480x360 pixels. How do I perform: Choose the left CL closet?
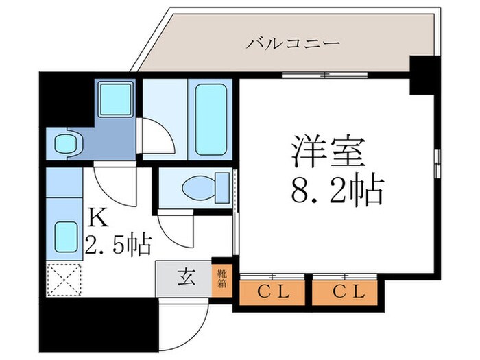point(273,291)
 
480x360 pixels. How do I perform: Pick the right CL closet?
point(346,291)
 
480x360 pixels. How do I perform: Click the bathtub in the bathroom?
point(212,118)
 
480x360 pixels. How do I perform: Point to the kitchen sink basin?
point(66,236)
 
